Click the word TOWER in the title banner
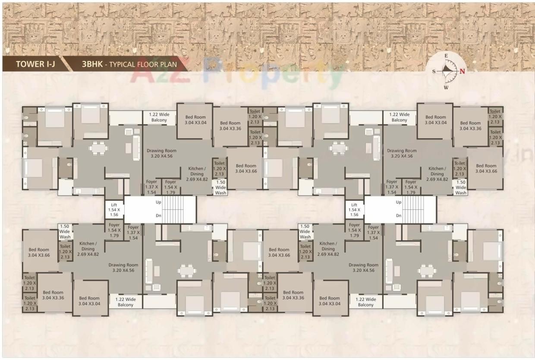coord(30,65)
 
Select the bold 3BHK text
coord(91,65)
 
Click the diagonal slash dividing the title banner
coord(69,64)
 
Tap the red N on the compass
coord(462,72)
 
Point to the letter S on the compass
coord(434,72)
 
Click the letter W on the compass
coord(446,88)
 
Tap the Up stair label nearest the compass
coord(399,202)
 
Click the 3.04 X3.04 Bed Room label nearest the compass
coord(435,120)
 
